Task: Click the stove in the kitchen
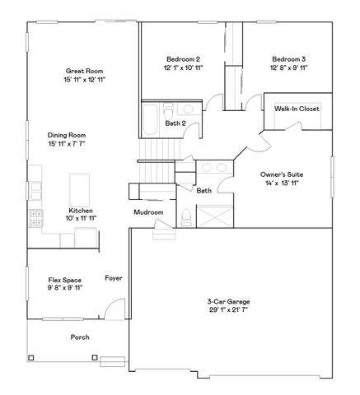click(35, 218)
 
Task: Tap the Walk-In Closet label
click(297, 109)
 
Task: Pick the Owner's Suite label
click(281, 174)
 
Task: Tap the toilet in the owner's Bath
click(188, 217)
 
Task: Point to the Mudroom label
click(148, 212)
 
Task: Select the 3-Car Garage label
click(228, 302)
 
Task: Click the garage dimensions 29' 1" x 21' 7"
click(228, 311)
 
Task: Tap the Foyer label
click(113, 278)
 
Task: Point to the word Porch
click(79, 337)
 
